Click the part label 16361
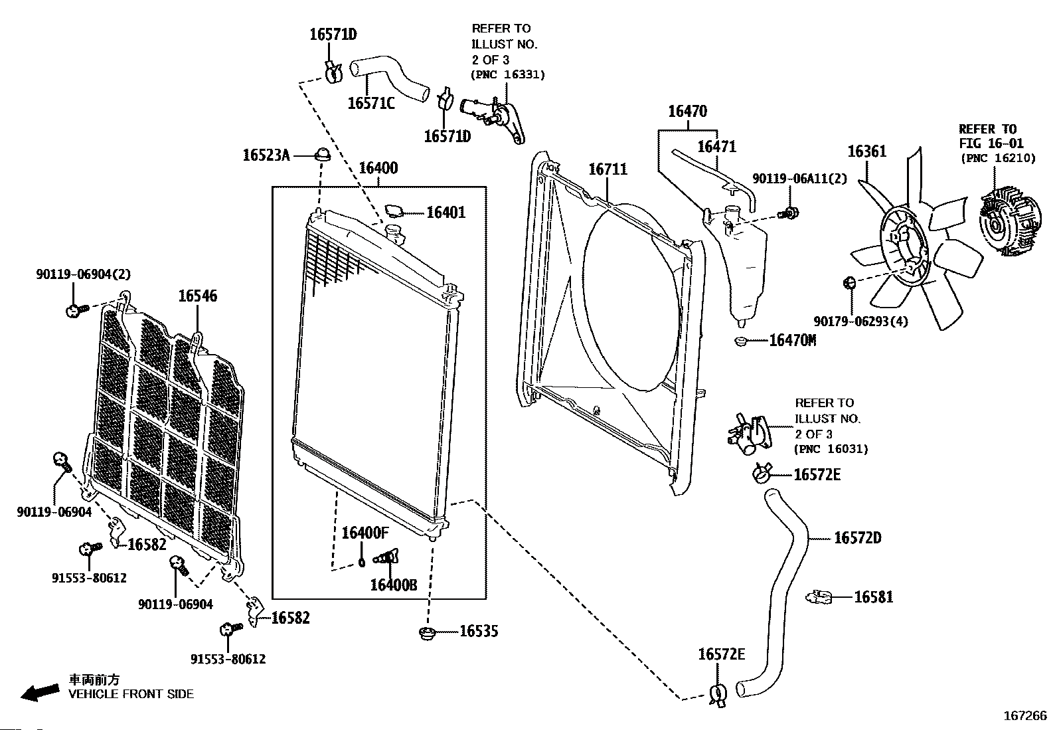pyautogui.click(x=866, y=152)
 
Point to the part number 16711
pyautogui.click(x=607, y=170)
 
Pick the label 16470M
pyautogui.click(x=792, y=341)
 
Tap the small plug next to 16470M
pyautogui.click(x=742, y=341)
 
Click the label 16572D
pyautogui.click(x=857, y=538)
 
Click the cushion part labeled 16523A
pyautogui.click(x=323, y=155)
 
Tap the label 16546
pyautogui.click(x=197, y=296)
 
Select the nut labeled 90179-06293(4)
pyautogui.click(x=848, y=284)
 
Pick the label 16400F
pyautogui.click(x=365, y=533)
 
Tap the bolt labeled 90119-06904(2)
pyautogui.click(x=75, y=310)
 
